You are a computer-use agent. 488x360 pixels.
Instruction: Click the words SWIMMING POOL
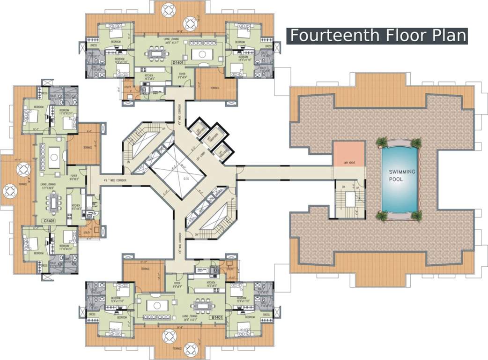pyautogui.click(x=402, y=175)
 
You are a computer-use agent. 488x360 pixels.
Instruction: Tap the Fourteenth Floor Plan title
pyautogui.click(x=377, y=36)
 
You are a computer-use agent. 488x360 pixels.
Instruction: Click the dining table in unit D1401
pyautogui.click(x=155, y=53)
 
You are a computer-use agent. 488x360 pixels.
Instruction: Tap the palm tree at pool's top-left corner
pyautogui.click(x=383, y=142)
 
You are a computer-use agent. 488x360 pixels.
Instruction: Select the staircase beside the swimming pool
pyautogui.click(x=349, y=199)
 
